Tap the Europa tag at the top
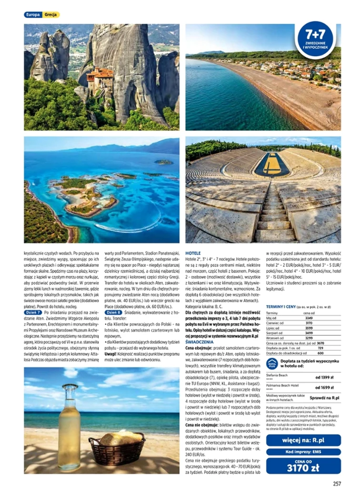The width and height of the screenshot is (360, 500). (x=33, y=15)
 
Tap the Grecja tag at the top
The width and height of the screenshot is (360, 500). (x=50, y=15)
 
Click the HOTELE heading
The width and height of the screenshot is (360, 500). (x=193, y=253)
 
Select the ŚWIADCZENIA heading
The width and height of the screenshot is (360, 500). (x=200, y=342)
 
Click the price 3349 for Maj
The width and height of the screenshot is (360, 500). (x=309, y=318)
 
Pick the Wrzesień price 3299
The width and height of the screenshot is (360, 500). (x=309, y=337)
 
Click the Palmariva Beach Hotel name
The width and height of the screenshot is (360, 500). (x=283, y=385)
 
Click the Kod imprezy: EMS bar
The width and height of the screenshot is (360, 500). (x=303, y=451)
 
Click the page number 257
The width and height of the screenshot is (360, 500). (x=337, y=484)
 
